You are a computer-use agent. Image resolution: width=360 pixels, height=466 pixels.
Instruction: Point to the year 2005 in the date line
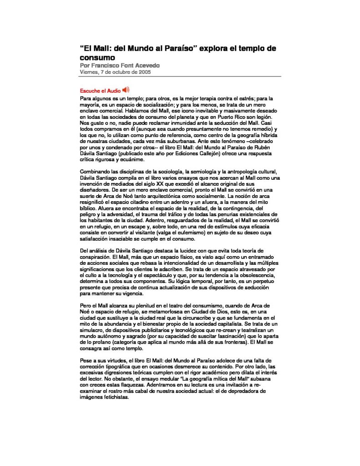coord(143,72)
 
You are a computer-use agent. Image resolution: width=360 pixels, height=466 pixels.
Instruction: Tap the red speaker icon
coord(126,90)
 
